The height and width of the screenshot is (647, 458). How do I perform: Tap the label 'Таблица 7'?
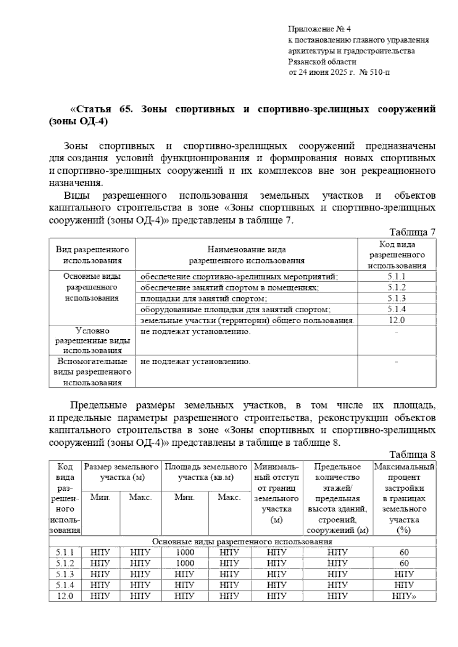pyautogui.click(x=412, y=232)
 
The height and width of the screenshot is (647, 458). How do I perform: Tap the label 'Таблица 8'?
pyautogui.click(x=412, y=455)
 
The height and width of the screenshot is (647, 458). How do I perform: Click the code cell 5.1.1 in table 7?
pyautogui.click(x=397, y=277)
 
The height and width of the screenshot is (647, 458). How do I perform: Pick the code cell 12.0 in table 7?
pyautogui.click(x=397, y=320)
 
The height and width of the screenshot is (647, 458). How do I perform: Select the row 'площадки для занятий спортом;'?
pyautogui.click(x=203, y=299)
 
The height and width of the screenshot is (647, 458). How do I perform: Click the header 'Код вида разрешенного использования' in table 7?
pyautogui.click(x=397, y=255)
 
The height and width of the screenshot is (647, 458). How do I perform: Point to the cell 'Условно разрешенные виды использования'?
pyautogui.click(x=92, y=340)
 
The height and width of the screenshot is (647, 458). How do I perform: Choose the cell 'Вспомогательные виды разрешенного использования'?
pyautogui.click(x=92, y=372)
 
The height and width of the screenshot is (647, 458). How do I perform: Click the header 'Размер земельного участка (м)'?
pyautogui.click(x=121, y=472)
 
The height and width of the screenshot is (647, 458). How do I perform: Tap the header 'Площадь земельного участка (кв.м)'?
pyautogui.click(x=206, y=472)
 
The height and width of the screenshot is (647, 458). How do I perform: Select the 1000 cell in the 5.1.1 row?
pyautogui.click(x=185, y=552)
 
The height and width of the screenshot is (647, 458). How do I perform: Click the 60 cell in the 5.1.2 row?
pyautogui.click(x=404, y=563)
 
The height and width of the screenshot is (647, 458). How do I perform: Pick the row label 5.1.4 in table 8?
pyautogui.click(x=65, y=585)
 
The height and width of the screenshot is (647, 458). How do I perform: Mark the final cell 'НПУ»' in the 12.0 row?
pyautogui.click(x=404, y=596)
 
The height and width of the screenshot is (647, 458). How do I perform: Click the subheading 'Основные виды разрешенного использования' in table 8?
pyautogui.click(x=242, y=541)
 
